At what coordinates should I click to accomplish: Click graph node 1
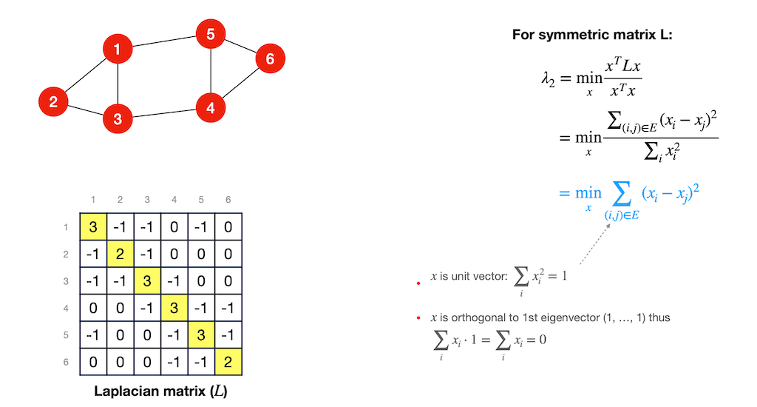tap(118, 50)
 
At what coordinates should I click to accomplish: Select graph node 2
tap(53, 101)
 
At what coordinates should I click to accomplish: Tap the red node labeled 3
tap(118, 118)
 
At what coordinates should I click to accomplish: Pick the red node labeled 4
tap(211, 108)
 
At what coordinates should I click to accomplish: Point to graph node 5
tap(211, 34)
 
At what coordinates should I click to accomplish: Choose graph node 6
tap(270, 58)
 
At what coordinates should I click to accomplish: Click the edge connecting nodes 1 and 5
tap(164, 42)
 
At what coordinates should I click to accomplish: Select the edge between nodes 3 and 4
tap(164, 113)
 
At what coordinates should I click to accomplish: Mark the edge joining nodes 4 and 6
tap(240, 83)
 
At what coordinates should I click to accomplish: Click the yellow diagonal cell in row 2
tap(121, 254)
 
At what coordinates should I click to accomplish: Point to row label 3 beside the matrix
tap(67, 282)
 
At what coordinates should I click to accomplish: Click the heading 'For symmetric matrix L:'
tap(592, 35)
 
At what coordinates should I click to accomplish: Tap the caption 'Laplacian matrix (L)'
tap(160, 390)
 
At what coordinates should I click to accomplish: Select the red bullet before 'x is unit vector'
tap(419, 282)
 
